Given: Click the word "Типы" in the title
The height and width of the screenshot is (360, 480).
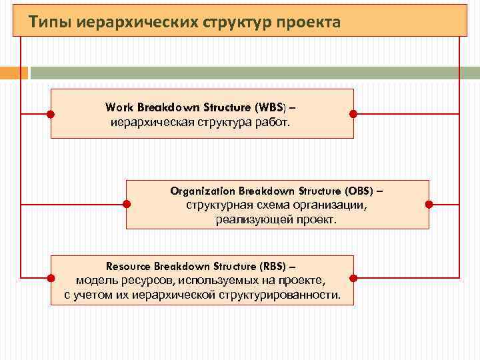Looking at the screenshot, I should (49, 23).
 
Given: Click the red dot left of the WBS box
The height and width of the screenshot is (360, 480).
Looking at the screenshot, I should (51, 114).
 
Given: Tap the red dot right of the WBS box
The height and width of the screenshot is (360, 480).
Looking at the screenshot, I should (353, 114).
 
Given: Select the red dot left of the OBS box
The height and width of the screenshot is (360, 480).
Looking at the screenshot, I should (127, 204).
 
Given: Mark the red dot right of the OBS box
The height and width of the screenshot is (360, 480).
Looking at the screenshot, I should (429, 204).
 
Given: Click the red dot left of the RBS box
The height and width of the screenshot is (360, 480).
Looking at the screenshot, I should (51, 277).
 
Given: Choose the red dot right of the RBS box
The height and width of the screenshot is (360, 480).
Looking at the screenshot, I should (353, 277).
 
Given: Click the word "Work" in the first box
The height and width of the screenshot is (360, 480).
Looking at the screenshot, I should (118, 107).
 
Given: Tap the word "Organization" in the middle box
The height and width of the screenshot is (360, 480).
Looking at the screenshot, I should (203, 191).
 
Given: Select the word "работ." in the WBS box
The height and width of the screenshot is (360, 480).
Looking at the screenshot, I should (275, 122).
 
